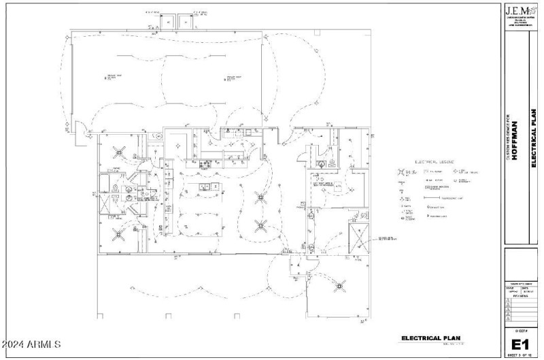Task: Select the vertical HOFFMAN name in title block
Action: click(515, 140)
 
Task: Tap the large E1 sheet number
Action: click(520, 343)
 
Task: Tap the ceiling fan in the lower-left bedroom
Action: click(120, 233)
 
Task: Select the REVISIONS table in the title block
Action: click(520, 310)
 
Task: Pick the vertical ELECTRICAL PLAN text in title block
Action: click(534, 140)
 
